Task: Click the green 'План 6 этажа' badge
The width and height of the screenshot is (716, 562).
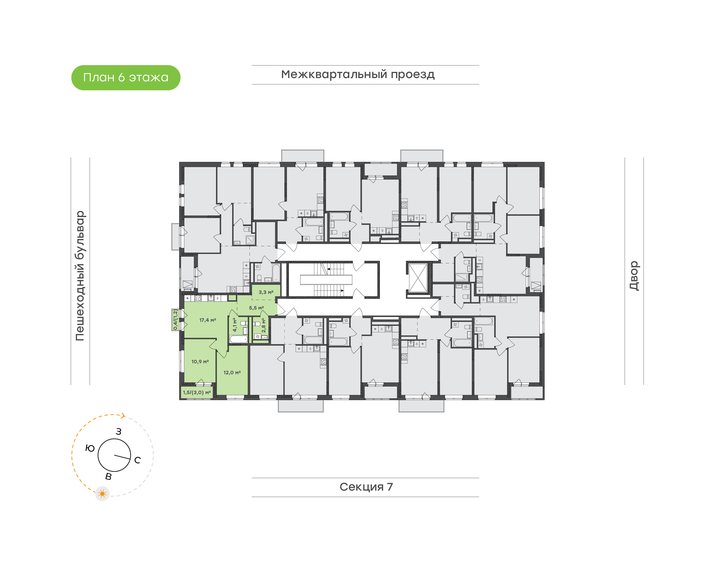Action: coord(126,78)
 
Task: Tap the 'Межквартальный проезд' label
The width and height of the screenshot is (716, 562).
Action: coord(358,74)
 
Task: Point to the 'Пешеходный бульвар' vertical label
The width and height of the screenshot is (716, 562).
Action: coord(80,276)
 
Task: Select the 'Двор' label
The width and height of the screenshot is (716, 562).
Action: coord(634,276)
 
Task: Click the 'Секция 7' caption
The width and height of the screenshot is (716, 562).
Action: coord(366,487)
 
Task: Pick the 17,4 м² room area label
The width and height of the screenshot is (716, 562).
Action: coord(208,320)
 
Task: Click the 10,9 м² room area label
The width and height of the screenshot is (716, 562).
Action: coord(200,361)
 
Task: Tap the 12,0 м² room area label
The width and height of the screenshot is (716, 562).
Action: coord(232,373)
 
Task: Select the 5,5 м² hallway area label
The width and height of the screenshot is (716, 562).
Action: coord(256,308)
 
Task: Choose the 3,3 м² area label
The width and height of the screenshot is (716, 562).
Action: coord(266,292)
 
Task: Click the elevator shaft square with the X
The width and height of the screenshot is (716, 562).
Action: coord(418,278)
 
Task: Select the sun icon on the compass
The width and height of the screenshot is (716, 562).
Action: coord(102,494)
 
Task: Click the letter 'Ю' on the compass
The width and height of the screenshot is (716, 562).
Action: coord(90,448)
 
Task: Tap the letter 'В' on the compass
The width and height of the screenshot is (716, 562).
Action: coord(108,476)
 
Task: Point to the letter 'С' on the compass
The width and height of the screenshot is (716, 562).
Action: coord(137,460)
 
